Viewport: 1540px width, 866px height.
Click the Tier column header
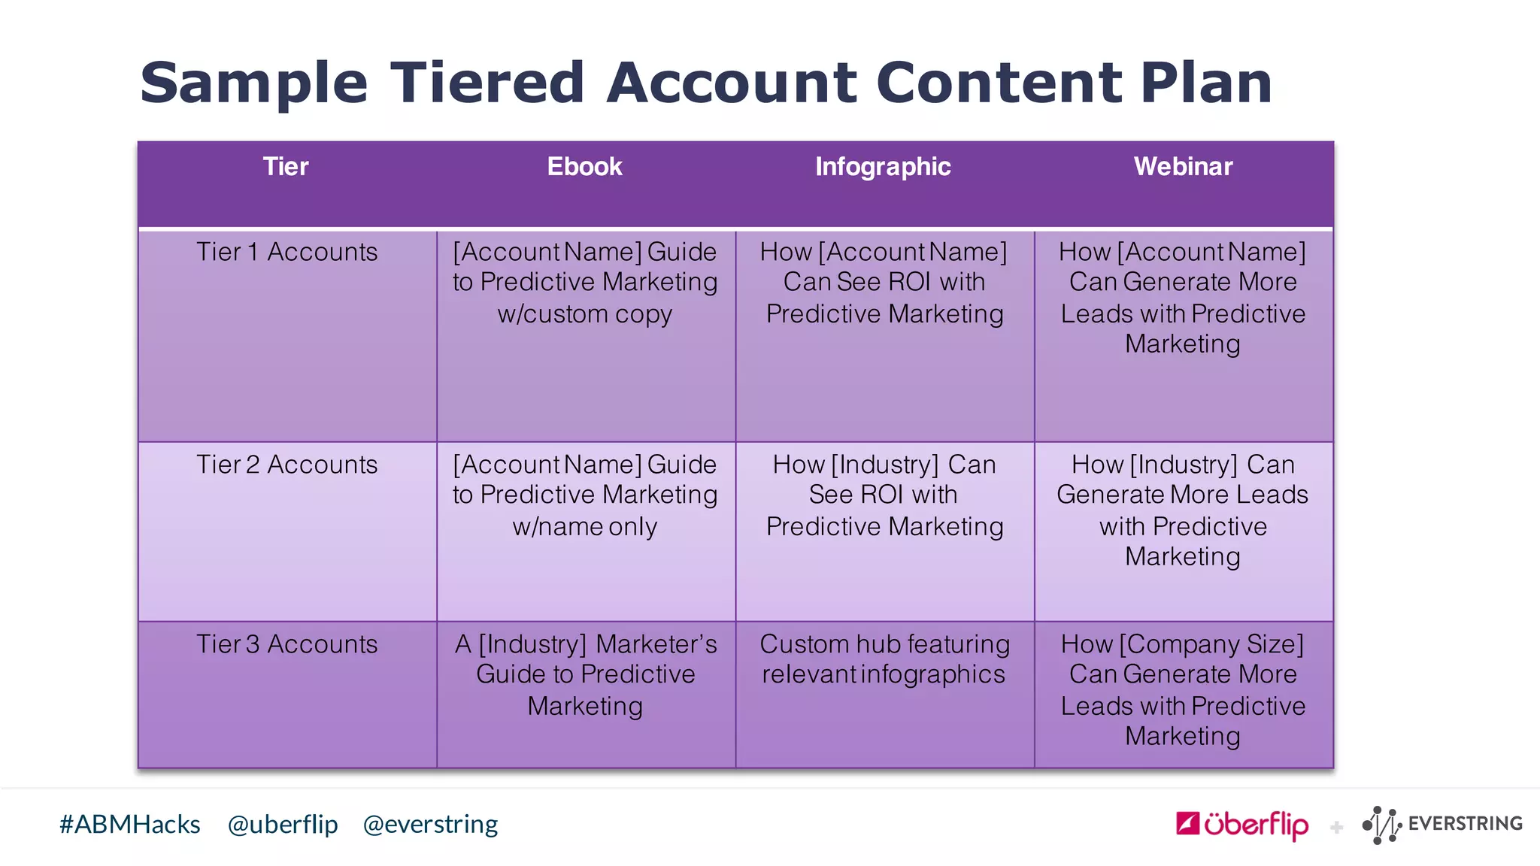tap(286, 167)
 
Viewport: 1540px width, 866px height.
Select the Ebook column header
tap(584, 167)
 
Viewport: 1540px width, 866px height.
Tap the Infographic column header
tap(883, 167)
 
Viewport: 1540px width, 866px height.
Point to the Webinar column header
tap(1183, 167)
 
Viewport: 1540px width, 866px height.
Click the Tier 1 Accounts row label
tap(286, 252)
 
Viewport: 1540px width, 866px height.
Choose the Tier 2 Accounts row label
tap(286, 465)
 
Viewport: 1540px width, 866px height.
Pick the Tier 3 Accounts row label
tap(286, 644)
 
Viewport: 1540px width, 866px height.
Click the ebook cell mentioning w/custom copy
tap(585, 283)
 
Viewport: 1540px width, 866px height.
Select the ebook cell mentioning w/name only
tap(585, 495)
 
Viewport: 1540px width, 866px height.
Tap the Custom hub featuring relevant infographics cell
tap(884, 659)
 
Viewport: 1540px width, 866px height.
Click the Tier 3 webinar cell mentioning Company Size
tap(1183, 689)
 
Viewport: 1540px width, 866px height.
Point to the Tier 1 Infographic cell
tap(884, 283)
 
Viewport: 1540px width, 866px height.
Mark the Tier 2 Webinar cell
tap(1183, 510)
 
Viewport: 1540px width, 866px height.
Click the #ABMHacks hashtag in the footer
tap(129, 825)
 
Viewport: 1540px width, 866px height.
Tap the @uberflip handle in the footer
tap(283, 825)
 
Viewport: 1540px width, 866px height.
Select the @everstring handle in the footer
tap(430, 825)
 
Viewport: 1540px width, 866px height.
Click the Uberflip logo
tap(1241, 825)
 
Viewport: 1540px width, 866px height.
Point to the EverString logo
tap(1442, 825)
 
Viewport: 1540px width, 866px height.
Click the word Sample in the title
tap(253, 83)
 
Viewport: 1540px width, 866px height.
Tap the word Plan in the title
tap(1205, 83)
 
